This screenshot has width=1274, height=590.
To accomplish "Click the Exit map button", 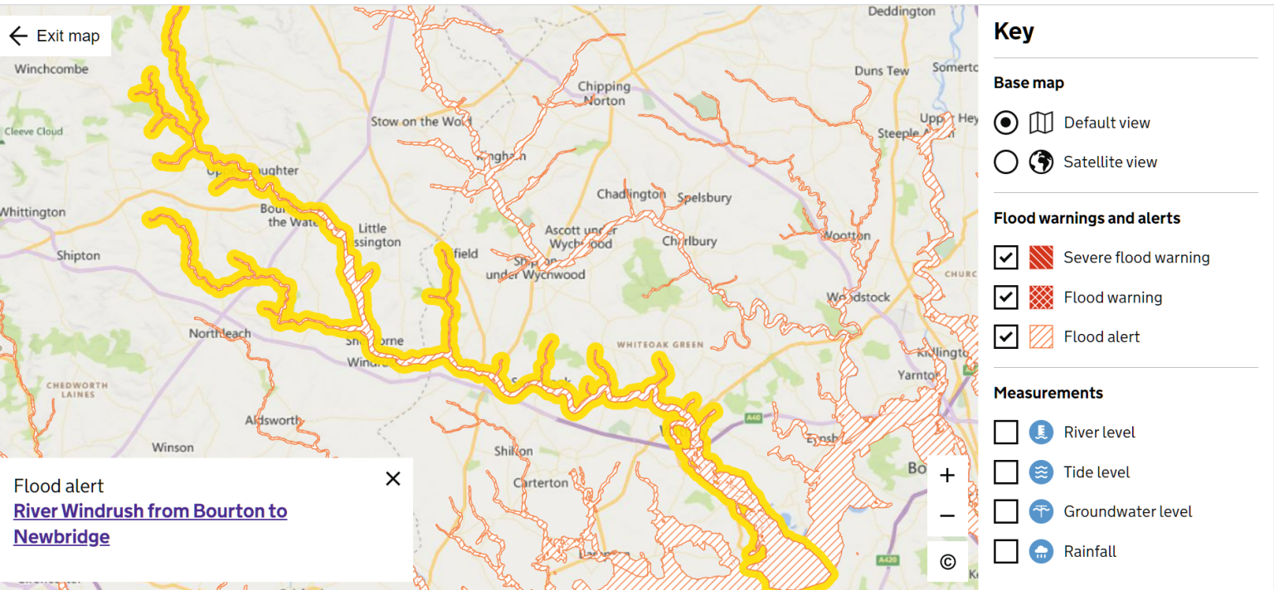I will click(55, 36).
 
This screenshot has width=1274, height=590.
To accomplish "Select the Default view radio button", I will click(1005, 123).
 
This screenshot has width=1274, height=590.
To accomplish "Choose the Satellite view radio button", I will click(1005, 162).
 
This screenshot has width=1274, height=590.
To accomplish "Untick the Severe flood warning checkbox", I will click(1005, 258).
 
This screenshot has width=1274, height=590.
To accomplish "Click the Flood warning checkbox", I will click(1005, 297).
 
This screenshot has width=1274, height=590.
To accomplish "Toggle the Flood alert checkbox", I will click(1005, 336).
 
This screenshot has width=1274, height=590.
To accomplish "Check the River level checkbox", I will click(1005, 432).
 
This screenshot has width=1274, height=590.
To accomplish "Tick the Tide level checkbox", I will click(1005, 472).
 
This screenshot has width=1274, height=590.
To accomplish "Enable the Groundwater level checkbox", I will click(1005, 511).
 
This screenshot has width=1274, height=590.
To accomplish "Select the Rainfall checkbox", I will click(1005, 551).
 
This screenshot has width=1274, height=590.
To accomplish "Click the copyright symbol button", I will click(947, 562).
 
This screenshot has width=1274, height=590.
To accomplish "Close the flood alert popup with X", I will click(393, 478).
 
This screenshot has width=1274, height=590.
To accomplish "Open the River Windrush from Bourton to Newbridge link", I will click(150, 523).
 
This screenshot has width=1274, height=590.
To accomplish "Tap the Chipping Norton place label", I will click(604, 93).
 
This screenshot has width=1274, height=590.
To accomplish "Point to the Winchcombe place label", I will click(51, 69).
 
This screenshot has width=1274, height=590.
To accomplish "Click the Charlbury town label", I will click(688, 241).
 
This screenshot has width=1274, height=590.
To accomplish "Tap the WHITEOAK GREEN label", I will click(659, 345).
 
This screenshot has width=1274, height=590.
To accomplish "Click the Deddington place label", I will click(901, 12).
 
